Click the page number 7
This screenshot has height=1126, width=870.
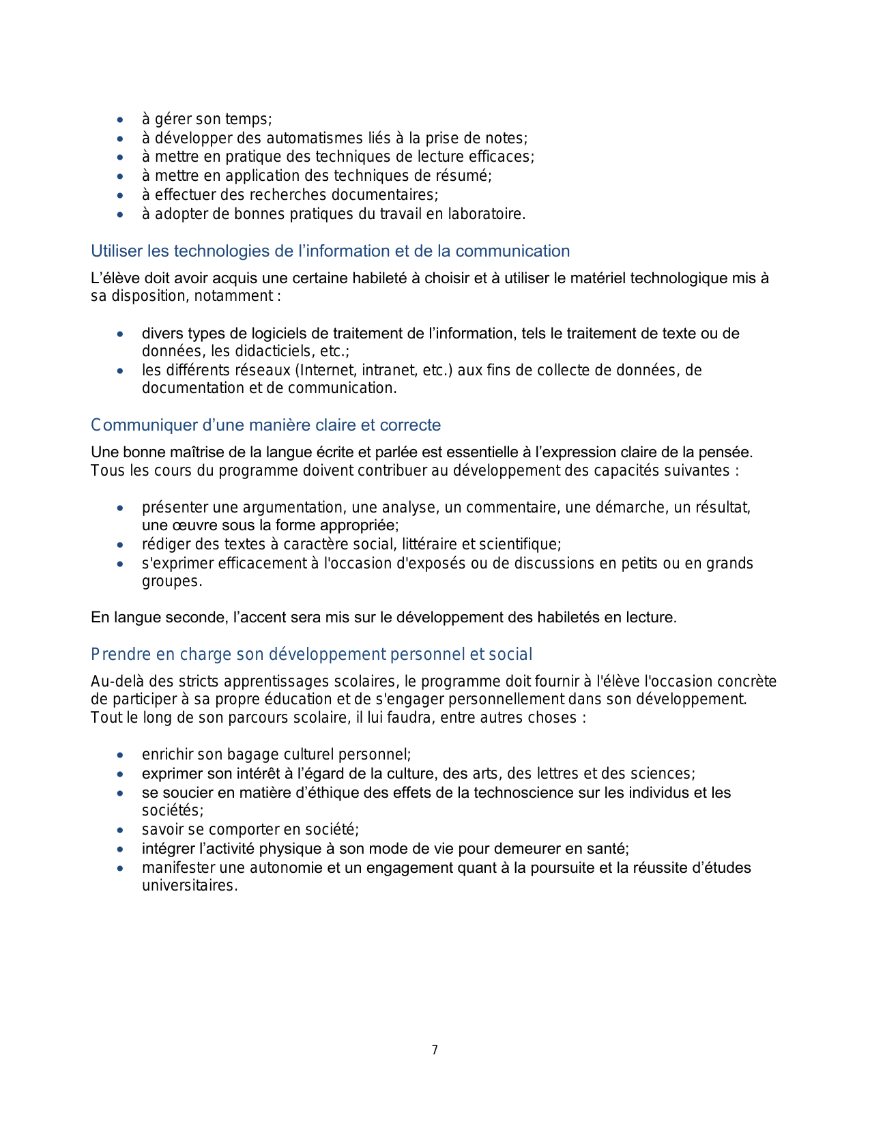(x=435, y=1050)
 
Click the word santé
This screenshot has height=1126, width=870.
(x=608, y=849)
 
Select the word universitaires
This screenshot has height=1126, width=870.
(x=189, y=886)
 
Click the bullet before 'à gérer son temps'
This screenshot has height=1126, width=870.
(x=121, y=119)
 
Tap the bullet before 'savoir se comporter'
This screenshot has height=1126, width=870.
(x=121, y=831)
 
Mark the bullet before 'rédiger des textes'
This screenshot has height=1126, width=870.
(x=121, y=545)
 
